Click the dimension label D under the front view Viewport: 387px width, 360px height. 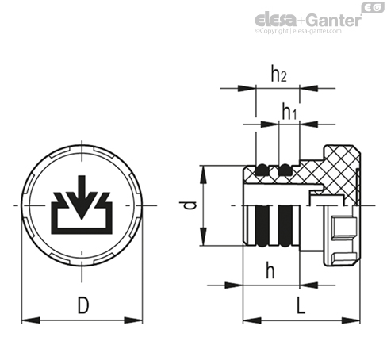(83, 305)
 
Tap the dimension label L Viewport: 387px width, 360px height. (301, 305)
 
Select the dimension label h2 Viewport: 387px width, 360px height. (279, 74)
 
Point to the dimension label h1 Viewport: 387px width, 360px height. (289, 112)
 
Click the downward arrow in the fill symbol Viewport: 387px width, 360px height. (82, 197)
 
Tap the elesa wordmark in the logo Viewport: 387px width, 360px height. (276, 20)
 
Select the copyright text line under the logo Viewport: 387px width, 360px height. (298, 31)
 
